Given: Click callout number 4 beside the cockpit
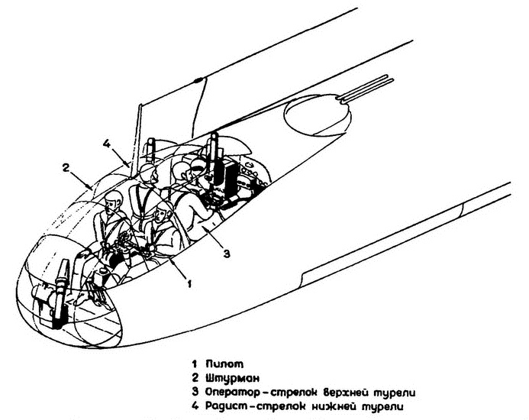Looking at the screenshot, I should click(x=108, y=141).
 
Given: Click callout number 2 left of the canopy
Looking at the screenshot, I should click(x=66, y=166).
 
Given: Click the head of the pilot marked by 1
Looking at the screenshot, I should click(x=162, y=216).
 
